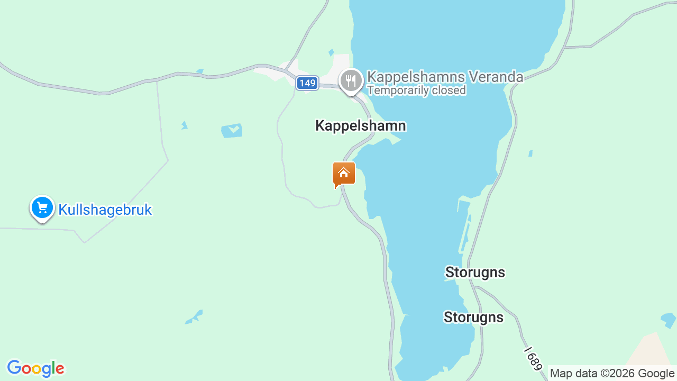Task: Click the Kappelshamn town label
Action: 361,126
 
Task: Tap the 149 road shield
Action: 307,83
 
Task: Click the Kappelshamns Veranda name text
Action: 445,77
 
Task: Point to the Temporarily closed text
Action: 416,90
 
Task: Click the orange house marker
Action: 344,174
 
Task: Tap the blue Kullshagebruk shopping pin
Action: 42,208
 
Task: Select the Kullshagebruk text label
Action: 105,210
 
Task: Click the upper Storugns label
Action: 475,273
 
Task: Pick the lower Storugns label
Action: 473,317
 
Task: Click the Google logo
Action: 35,368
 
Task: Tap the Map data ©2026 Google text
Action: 612,374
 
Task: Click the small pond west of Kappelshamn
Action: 232,130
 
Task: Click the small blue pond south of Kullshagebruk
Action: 194,317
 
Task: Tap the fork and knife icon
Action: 351,81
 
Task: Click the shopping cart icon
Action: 42,207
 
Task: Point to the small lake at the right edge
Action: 669,320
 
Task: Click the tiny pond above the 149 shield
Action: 331,52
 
